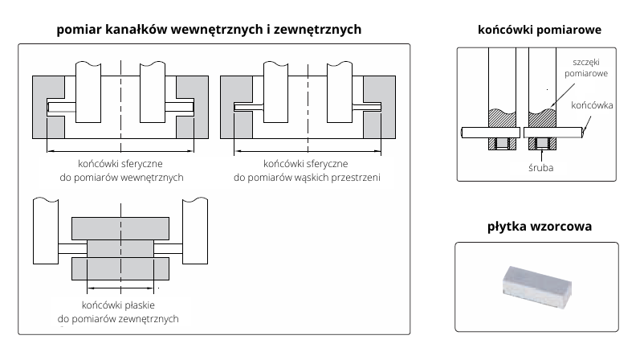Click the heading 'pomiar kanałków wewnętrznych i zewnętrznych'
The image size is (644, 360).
coord(209,29)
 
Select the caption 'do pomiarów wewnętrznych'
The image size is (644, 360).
coord(122,177)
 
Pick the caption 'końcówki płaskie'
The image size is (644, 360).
coord(118,305)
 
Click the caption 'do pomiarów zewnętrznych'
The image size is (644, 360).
coord(118,319)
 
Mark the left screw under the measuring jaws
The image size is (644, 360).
coord(502,145)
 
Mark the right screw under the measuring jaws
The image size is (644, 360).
coord(543,145)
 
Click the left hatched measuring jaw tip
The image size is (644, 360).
coord(503,119)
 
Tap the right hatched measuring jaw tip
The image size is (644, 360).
coord(543,119)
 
